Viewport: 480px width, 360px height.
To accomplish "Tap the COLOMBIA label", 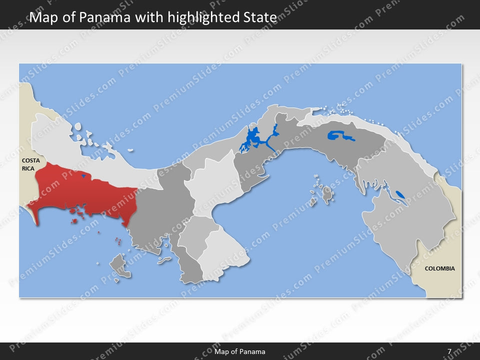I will pyautogui.click(x=439, y=268).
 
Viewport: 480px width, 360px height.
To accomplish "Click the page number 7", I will pyautogui.click(x=449, y=351).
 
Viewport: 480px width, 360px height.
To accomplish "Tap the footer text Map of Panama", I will pyautogui.click(x=240, y=351).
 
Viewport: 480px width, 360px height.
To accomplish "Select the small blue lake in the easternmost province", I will pyautogui.click(x=400, y=194).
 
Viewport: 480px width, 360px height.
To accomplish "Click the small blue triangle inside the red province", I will pyautogui.click(x=83, y=176).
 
